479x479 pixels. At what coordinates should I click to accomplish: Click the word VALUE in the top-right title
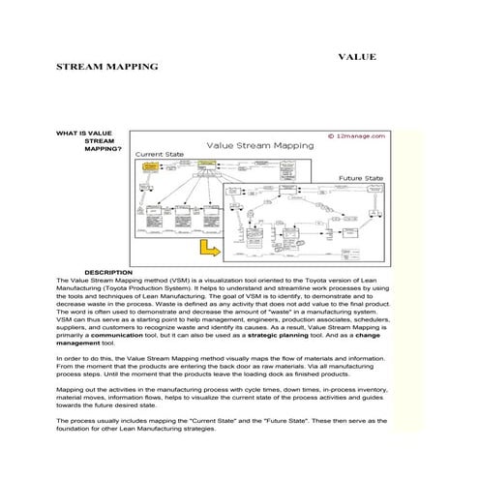coord(358,57)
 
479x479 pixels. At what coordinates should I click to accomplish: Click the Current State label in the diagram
coord(162,154)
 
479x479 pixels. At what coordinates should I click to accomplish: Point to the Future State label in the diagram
coord(361,178)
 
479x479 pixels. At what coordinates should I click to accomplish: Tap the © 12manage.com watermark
coord(357,136)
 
